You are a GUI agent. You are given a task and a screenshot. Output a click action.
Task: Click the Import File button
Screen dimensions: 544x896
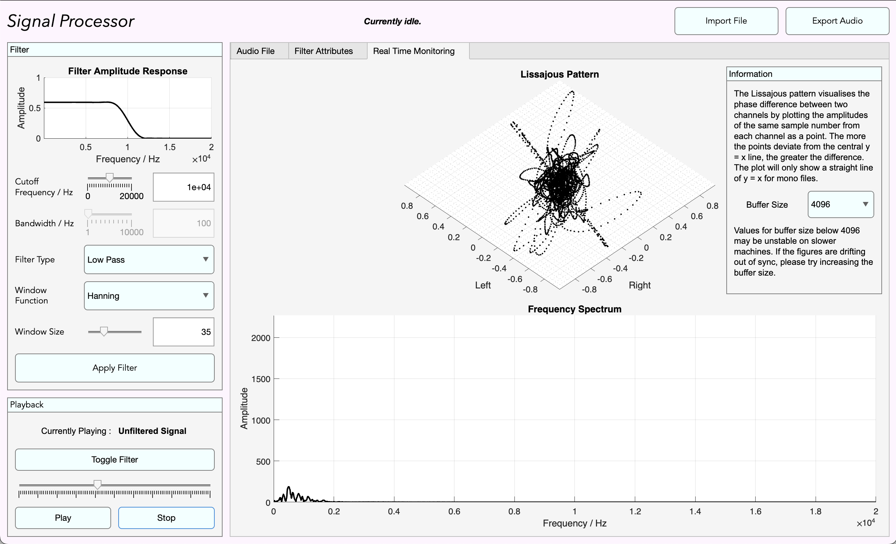[726, 21]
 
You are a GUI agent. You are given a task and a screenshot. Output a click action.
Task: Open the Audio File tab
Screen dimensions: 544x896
[255, 51]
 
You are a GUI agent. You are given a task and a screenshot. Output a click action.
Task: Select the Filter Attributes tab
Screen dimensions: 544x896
[323, 51]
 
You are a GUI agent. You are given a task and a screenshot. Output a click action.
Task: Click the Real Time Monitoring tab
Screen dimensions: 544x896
[413, 51]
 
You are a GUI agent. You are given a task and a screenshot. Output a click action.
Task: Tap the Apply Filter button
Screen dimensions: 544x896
[115, 367]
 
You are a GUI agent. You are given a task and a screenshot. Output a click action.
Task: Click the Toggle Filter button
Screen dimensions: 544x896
[115, 459]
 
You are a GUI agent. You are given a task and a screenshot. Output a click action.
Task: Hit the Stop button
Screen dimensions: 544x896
[166, 518]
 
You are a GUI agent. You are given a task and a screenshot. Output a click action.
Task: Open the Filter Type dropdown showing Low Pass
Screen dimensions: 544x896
[149, 259]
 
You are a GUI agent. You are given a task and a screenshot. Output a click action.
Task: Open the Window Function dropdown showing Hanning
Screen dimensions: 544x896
[149, 296]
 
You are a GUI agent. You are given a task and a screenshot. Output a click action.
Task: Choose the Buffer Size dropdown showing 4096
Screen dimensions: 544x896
[840, 204]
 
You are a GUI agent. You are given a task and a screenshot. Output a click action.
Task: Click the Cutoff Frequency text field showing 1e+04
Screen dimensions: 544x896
[183, 187]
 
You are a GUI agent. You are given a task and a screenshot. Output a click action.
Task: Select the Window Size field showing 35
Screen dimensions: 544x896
[183, 331]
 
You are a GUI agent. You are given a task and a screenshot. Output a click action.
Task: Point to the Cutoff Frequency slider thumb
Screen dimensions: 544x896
[109, 178]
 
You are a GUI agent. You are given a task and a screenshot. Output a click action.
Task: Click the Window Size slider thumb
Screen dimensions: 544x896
[104, 331]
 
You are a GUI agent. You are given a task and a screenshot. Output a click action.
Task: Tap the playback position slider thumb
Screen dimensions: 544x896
[98, 484]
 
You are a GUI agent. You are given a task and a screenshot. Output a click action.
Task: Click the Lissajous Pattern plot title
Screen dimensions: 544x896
[559, 74]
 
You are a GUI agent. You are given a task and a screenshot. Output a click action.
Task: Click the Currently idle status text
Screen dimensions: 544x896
[392, 21]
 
